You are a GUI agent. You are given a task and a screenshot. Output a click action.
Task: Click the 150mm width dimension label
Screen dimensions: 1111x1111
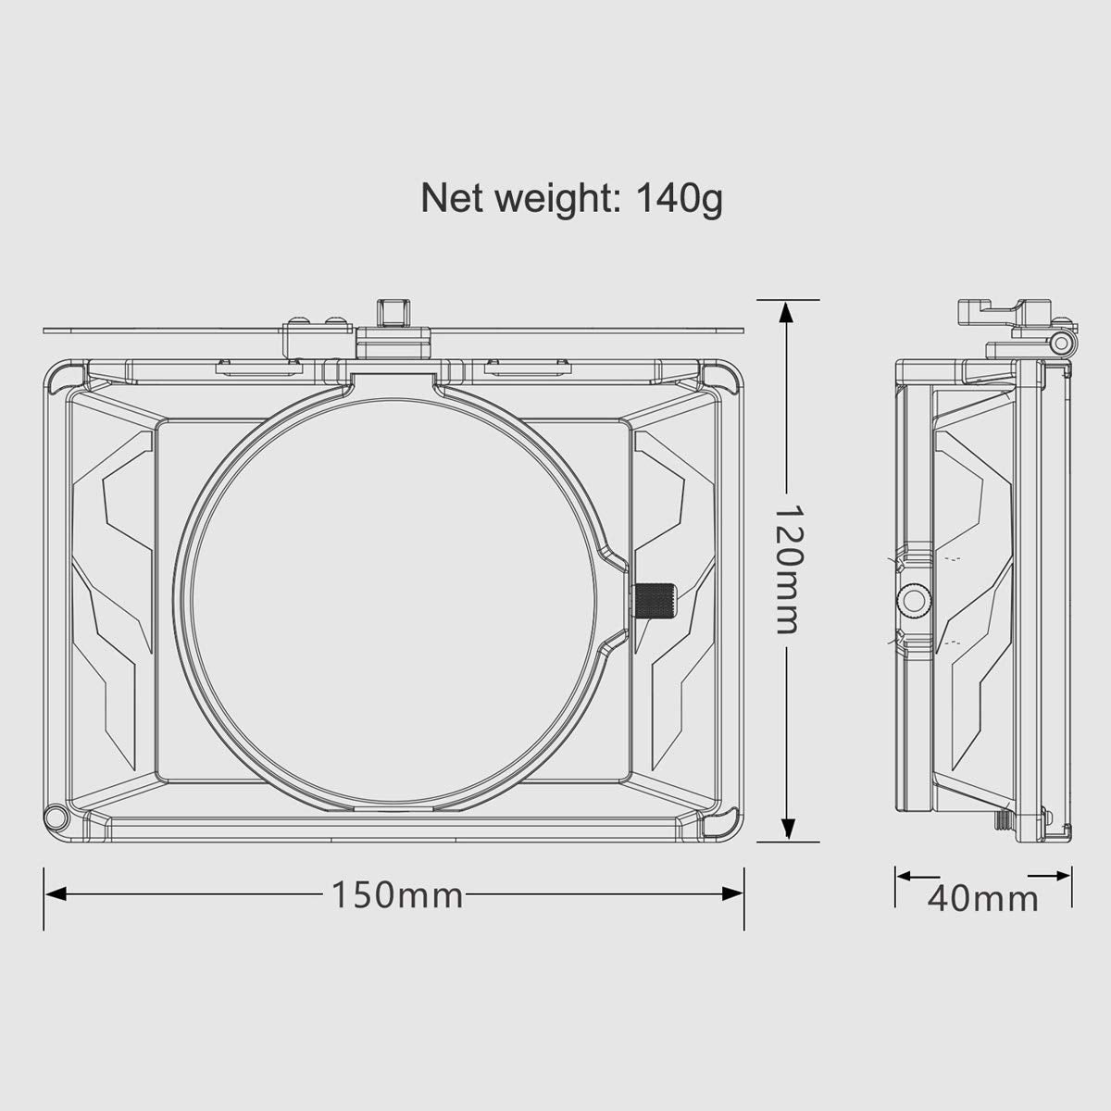pyautogui.click(x=397, y=894)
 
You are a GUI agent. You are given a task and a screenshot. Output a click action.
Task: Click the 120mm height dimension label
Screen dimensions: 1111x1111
pyautogui.click(x=786, y=568)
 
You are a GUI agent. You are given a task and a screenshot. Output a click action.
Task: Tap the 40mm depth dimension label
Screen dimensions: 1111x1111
pyautogui.click(x=982, y=898)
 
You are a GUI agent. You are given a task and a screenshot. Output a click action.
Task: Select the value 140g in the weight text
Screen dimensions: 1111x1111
pyautogui.click(x=679, y=198)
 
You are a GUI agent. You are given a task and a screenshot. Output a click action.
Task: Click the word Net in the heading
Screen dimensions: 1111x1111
pyautogui.click(x=454, y=198)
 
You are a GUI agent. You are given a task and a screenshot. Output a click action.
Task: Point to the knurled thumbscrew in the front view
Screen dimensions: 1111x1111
pyautogui.click(x=654, y=602)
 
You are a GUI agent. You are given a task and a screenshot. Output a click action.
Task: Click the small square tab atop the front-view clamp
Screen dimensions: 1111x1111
pyautogui.click(x=392, y=312)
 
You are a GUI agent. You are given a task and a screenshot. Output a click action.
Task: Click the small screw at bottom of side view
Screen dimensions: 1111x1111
pyautogui.click(x=1002, y=820)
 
